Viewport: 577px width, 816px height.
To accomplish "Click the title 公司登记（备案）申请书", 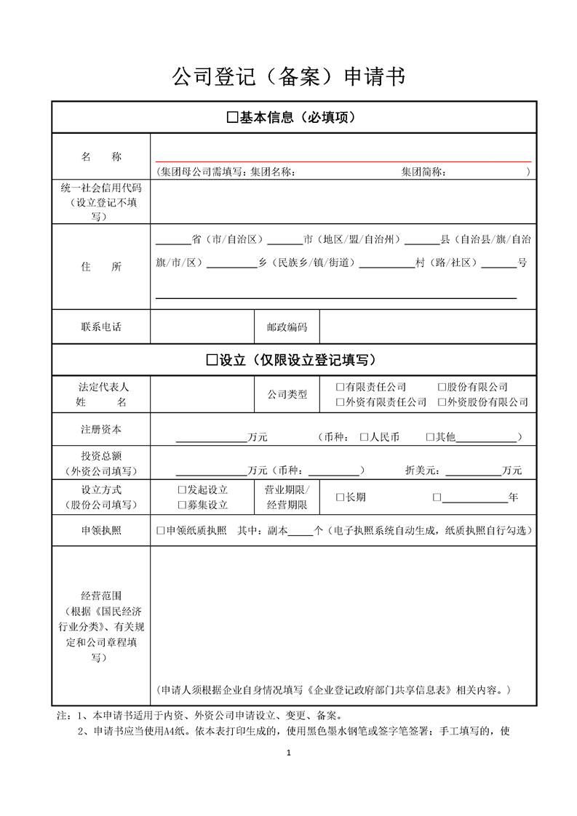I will pyautogui.click(x=288, y=76).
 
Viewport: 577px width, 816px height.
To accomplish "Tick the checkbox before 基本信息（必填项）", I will pyautogui.click(x=233, y=117).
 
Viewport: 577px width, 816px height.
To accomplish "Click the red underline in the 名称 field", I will pyautogui.click(x=343, y=161).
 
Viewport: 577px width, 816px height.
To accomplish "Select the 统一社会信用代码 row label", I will pyautogui.click(x=100, y=188).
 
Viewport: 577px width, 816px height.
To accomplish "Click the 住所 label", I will pyautogui.click(x=100, y=267).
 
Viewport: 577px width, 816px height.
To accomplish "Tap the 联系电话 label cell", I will pyautogui.click(x=100, y=327).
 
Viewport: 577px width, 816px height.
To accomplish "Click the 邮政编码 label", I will pyautogui.click(x=287, y=327).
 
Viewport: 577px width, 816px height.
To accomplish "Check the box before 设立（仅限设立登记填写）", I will pyautogui.click(x=212, y=360).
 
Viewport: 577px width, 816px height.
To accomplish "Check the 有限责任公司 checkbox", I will pyautogui.click(x=340, y=388).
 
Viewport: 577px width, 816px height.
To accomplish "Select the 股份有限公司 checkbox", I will pyautogui.click(x=442, y=388).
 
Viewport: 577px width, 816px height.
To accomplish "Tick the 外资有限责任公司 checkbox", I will pyautogui.click(x=340, y=402).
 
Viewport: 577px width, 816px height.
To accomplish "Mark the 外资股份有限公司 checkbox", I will pyautogui.click(x=442, y=402).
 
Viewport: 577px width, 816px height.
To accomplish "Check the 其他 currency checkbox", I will pyautogui.click(x=429, y=437).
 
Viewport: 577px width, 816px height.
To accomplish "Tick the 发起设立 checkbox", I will pyautogui.click(x=182, y=490).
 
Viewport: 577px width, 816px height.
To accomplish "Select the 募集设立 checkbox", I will pyautogui.click(x=182, y=505).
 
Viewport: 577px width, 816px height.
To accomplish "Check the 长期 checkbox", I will pyautogui.click(x=340, y=497).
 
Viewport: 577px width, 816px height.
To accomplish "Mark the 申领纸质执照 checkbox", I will pyautogui.click(x=161, y=531).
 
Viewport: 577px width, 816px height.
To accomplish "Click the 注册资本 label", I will pyautogui.click(x=100, y=429).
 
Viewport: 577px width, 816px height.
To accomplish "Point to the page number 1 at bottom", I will pyautogui.click(x=289, y=753).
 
